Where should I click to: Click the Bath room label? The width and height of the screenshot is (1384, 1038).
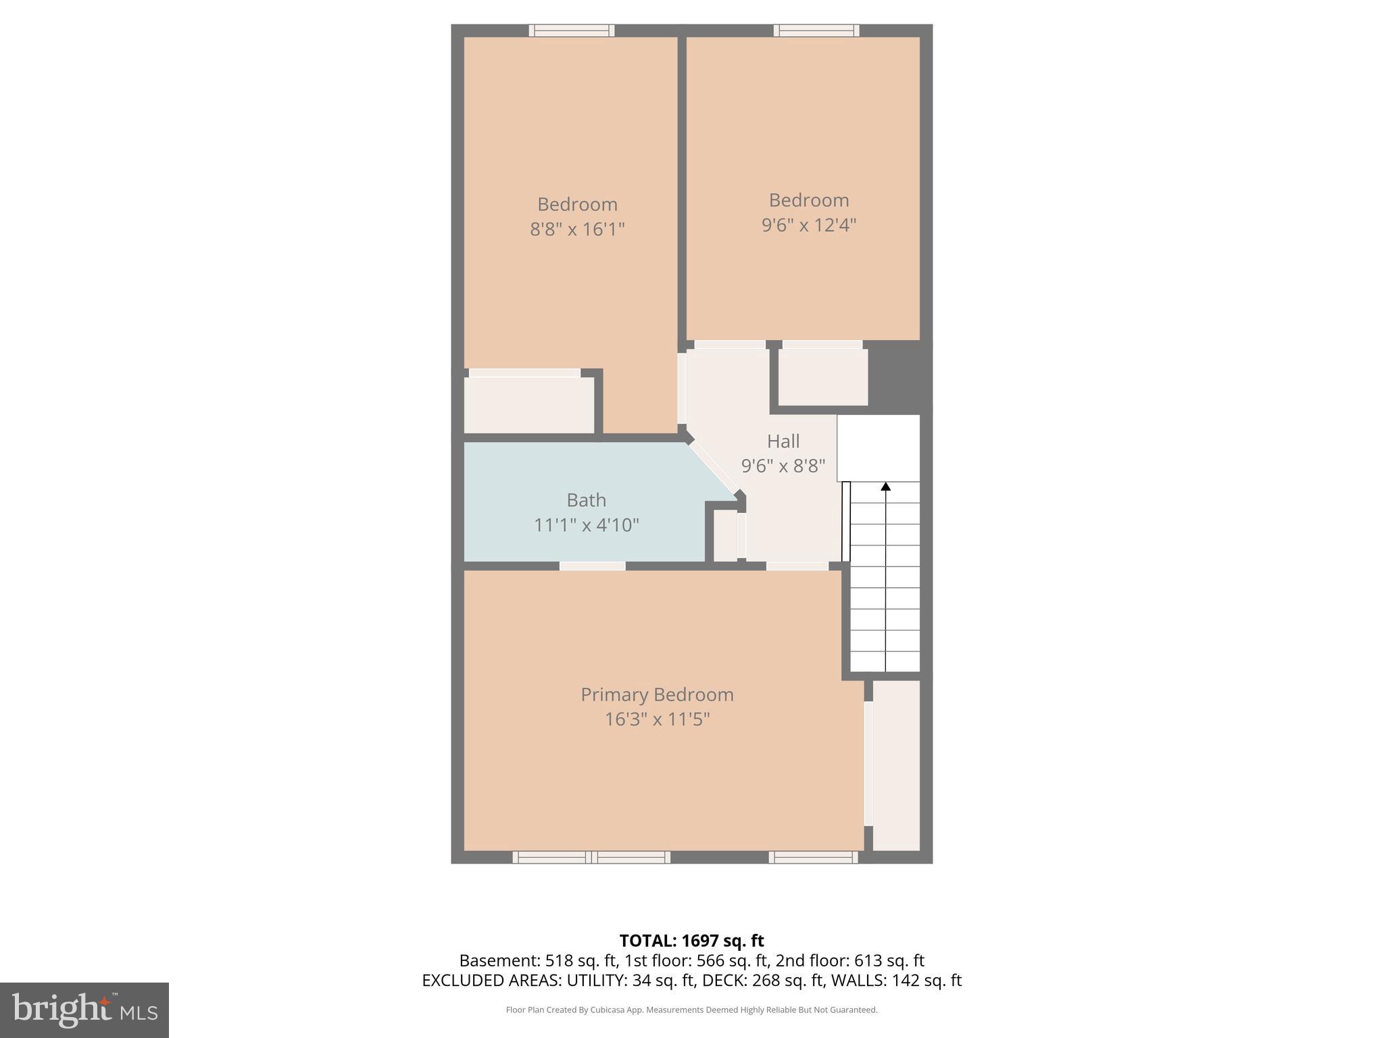pyautogui.click(x=586, y=500)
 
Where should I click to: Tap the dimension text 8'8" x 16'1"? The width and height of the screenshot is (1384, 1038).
pyautogui.click(x=577, y=229)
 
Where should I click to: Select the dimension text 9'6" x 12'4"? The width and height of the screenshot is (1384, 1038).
pyautogui.click(x=808, y=225)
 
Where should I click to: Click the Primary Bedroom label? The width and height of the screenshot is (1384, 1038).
pyautogui.click(x=657, y=695)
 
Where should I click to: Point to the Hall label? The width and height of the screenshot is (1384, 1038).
pyautogui.click(x=783, y=441)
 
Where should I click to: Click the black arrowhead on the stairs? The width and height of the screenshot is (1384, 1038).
pyautogui.click(x=885, y=486)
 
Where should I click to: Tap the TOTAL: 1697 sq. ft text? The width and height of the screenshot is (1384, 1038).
pyautogui.click(x=691, y=941)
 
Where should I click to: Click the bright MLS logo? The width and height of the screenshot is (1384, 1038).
pyautogui.click(x=84, y=1010)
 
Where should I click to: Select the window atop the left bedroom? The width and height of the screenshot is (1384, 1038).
pyautogui.click(x=571, y=30)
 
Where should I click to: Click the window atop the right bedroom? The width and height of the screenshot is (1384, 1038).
pyautogui.click(x=816, y=30)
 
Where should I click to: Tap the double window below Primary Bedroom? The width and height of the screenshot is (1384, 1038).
pyautogui.click(x=591, y=858)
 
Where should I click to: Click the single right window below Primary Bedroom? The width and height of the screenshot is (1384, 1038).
pyautogui.click(x=813, y=858)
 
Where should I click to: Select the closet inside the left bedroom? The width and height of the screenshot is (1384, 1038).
pyautogui.click(x=528, y=405)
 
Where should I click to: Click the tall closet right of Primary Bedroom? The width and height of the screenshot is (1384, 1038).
pyautogui.click(x=896, y=765)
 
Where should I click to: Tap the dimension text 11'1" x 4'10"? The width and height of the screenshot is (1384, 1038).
pyautogui.click(x=586, y=525)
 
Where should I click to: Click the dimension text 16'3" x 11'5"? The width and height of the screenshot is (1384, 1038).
pyautogui.click(x=657, y=719)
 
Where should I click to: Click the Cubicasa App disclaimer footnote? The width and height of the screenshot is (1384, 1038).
pyautogui.click(x=691, y=1010)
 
